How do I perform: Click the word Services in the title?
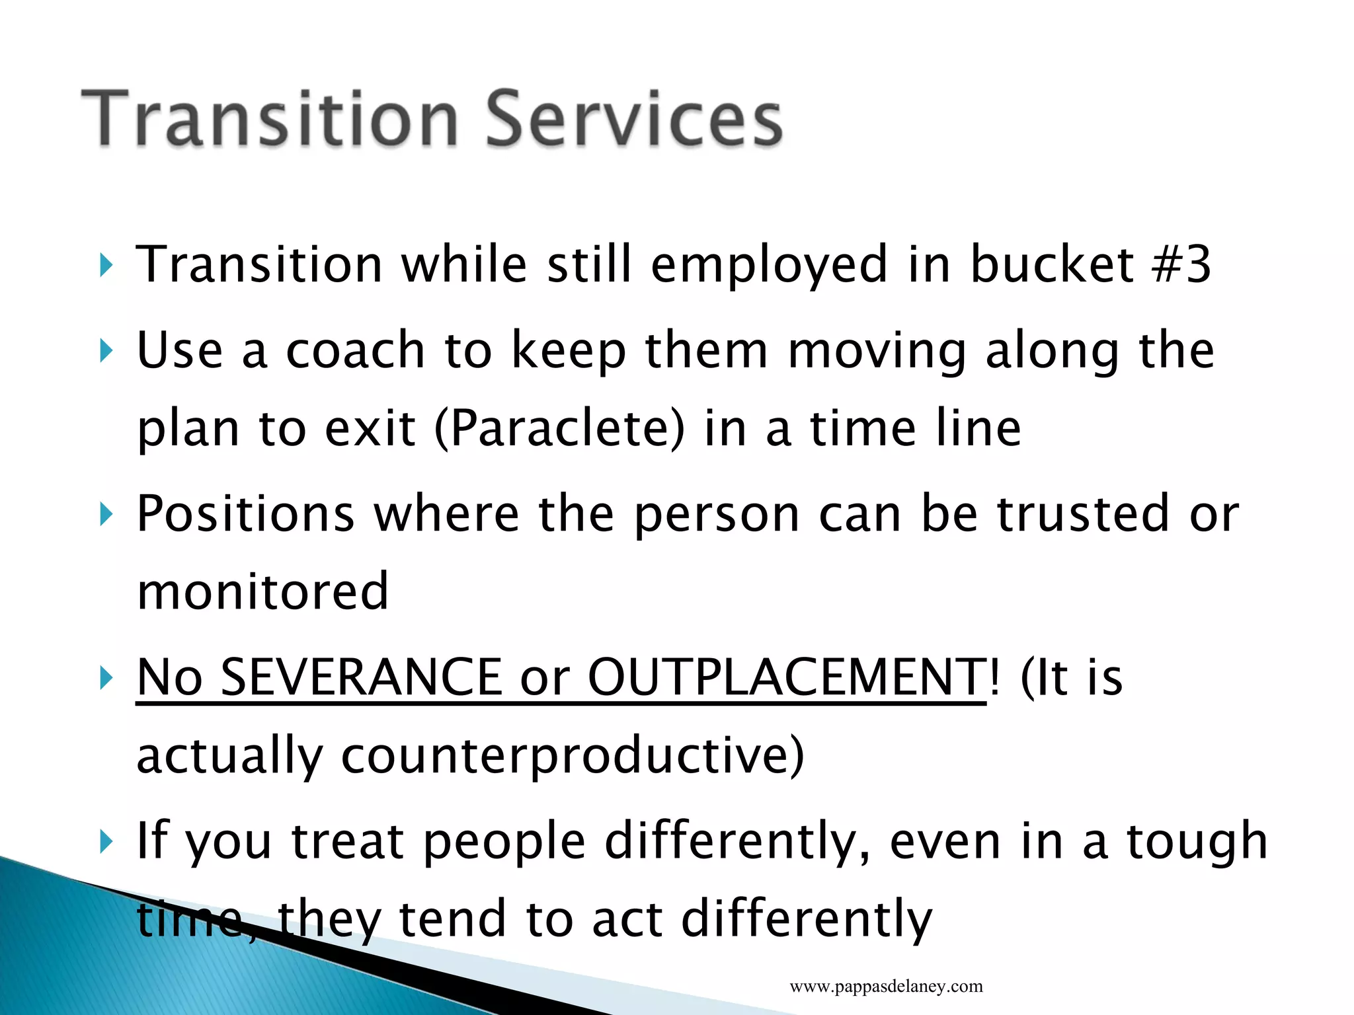pos(635,119)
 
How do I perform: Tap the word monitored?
pos(262,591)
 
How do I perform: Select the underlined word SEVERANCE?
pos(361,677)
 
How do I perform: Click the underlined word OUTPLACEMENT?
pos(787,677)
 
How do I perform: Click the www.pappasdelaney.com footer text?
pos(886,987)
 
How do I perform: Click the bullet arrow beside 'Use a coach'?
pos(106,351)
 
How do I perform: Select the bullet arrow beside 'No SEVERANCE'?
pos(106,678)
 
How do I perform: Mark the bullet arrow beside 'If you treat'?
pos(106,842)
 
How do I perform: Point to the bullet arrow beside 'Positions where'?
pos(106,514)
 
